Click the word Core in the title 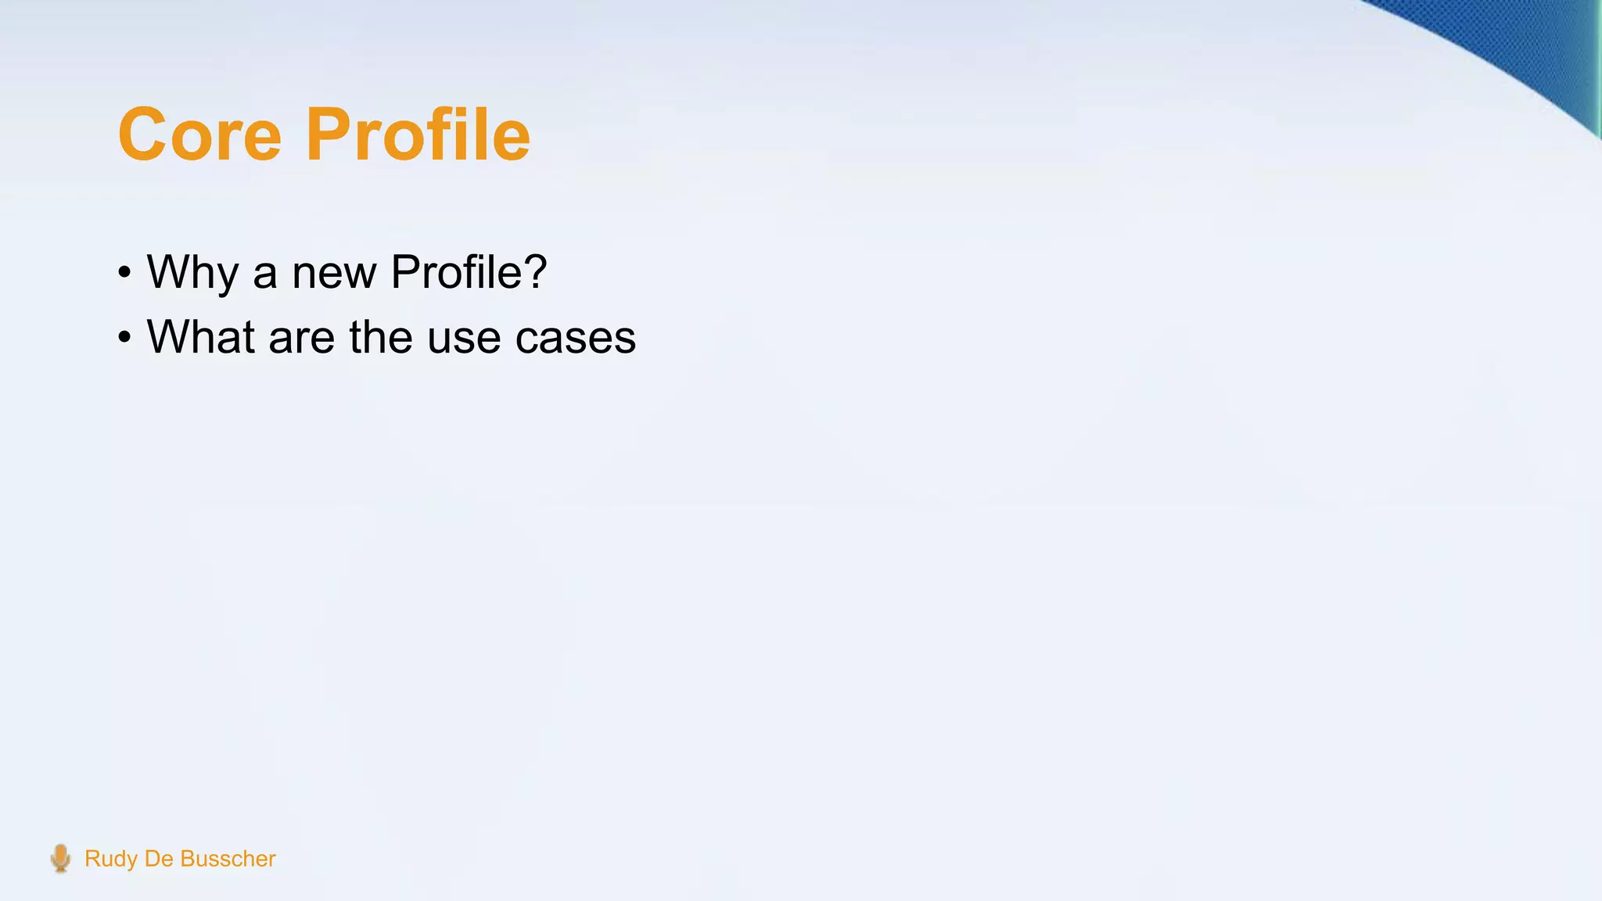point(199,135)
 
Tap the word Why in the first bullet point(192,272)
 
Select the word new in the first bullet point(334,272)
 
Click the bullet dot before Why point(124,274)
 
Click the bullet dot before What point(124,339)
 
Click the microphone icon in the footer point(60,858)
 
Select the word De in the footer point(159,859)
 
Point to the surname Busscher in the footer point(228,859)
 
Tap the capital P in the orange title point(327,135)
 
